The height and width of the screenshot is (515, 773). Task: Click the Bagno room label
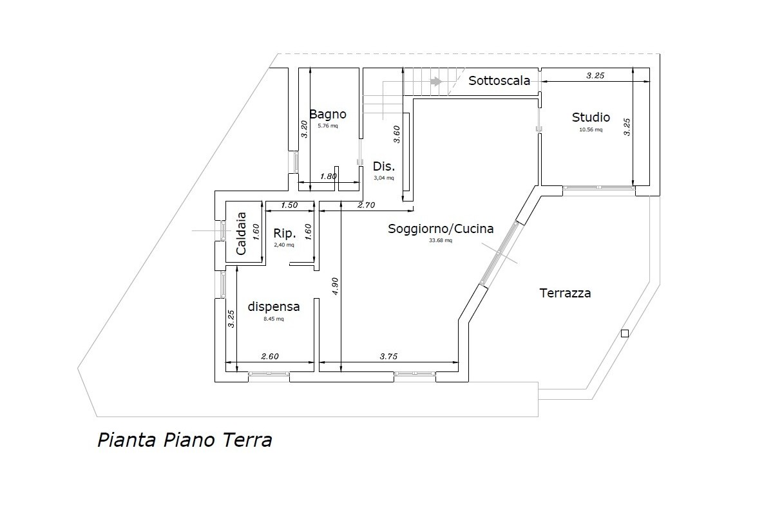[327, 115]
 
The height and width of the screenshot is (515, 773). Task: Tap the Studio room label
[591, 118]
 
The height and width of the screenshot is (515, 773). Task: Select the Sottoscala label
[499, 81]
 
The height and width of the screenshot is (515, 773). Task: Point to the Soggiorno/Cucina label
[441, 229]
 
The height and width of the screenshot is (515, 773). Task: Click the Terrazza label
[565, 294]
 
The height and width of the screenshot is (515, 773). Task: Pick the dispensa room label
[274, 307]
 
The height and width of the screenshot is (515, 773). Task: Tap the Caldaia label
[241, 234]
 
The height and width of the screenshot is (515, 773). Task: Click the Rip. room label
[284, 233]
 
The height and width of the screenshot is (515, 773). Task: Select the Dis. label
[383, 165]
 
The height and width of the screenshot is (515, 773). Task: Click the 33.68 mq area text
[441, 241]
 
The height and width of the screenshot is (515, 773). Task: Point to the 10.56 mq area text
[591, 129]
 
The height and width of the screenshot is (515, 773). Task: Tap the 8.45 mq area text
[274, 319]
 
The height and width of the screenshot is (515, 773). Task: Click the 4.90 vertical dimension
[335, 286]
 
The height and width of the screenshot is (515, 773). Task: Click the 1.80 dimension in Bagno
[329, 177]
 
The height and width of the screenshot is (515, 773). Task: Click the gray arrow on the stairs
[436, 82]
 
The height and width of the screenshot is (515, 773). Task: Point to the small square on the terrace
[624, 333]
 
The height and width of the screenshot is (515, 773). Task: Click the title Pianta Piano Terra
[184, 440]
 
